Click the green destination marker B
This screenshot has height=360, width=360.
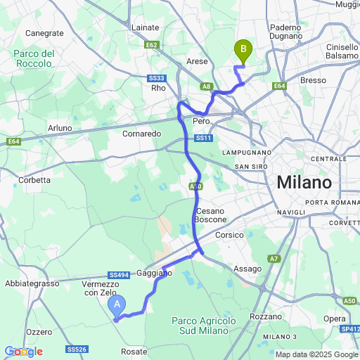click(x=243, y=50)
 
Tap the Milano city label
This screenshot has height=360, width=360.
click(x=304, y=182)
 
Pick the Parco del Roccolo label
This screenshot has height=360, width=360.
click(x=33, y=58)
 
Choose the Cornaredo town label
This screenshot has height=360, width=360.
click(x=142, y=133)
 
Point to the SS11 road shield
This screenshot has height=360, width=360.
click(x=203, y=139)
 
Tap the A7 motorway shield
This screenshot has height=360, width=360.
click(x=275, y=259)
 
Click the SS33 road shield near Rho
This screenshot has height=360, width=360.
click(x=156, y=78)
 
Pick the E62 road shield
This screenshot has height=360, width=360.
click(x=152, y=45)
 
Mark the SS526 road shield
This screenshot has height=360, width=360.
click(x=77, y=349)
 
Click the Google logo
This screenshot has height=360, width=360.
click(x=22, y=351)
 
